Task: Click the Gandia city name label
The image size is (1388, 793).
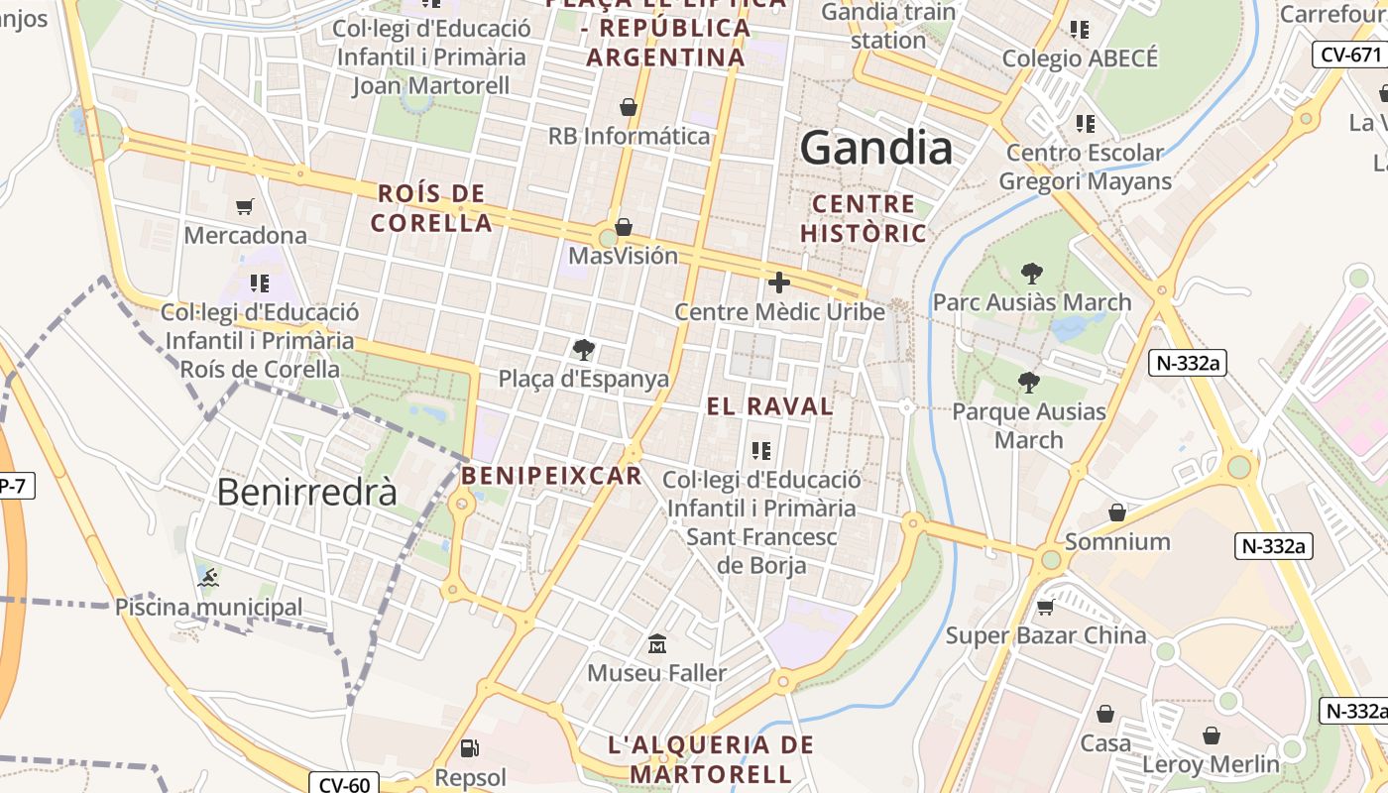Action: point(876,149)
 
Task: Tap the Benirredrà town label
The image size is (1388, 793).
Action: point(306,492)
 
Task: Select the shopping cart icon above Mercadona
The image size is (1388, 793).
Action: point(245,207)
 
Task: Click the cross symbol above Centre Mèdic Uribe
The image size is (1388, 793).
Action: point(779,283)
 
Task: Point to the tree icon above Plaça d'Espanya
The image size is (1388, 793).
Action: point(584,349)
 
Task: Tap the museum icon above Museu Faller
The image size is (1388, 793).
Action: point(656,644)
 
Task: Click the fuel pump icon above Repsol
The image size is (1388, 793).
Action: point(470,748)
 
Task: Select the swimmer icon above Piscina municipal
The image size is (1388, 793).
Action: point(208,578)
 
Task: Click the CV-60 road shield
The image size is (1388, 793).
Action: point(345,785)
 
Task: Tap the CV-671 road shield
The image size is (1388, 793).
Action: point(1350,55)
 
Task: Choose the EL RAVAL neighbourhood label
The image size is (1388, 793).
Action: point(769,406)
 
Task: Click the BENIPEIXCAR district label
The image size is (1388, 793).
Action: point(551,476)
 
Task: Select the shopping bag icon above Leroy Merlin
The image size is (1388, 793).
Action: point(1211,736)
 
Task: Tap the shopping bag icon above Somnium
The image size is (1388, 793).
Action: point(1117,512)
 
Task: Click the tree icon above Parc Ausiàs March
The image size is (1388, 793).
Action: point(1032,273)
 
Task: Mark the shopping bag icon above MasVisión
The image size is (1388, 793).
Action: point(624,227)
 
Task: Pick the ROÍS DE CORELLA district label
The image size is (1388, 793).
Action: point(431,207)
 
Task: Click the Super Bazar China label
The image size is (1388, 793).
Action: point(1046,635)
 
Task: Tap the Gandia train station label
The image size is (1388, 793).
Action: point(888,26)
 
